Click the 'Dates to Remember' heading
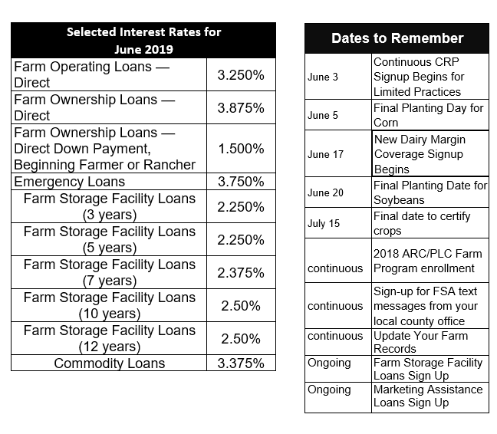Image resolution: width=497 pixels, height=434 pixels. (397, 38)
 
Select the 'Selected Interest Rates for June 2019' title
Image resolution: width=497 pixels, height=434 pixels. (143, 41)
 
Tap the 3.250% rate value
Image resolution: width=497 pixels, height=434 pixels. (241, 75)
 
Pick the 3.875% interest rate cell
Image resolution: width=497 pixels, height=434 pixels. (241, 108)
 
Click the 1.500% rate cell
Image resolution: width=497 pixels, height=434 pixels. (241, 149)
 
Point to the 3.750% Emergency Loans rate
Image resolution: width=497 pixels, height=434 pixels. (241, 182)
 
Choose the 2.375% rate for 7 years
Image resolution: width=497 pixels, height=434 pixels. (241, 273)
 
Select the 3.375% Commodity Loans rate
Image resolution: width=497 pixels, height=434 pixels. (241, 363)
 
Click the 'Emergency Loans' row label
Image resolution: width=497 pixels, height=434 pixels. (70, 182)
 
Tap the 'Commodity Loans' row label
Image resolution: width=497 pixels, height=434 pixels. (109, 363)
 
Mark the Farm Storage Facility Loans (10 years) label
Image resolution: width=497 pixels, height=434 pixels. (109, 306)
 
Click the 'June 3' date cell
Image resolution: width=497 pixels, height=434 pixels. (322, 77)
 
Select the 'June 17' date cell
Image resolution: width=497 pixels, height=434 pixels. (325, 154)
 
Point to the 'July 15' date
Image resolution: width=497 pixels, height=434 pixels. (324, 224)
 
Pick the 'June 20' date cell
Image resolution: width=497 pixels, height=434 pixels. (325, 192)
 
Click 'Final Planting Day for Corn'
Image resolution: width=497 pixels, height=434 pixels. (428, 116)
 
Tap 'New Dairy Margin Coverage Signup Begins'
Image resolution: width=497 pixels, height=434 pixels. (430, 154)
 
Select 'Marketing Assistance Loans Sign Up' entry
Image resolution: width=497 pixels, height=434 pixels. (428, 396)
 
